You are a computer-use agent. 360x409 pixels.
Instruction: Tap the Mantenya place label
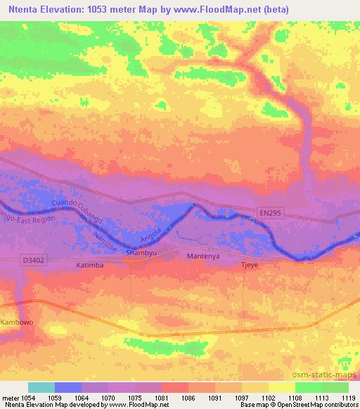(203, 257)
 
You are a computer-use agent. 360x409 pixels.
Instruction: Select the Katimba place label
(89, 266)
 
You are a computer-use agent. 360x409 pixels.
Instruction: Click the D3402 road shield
(32, 261)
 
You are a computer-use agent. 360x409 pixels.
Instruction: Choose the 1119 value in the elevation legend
(342, 398)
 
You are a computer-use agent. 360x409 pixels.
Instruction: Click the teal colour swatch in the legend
(41, 387)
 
